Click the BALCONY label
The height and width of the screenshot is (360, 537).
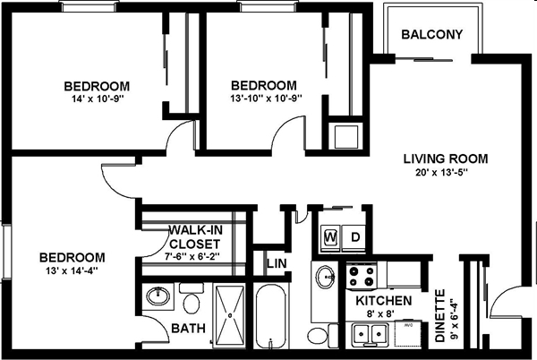[431, 36]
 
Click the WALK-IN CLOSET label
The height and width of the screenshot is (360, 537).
[194, 236]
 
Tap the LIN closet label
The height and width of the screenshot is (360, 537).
[276, 265]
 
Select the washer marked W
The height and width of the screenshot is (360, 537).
[330, 237]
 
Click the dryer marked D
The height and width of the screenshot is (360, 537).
[354, 237]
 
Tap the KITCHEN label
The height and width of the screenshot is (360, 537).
[383, 301]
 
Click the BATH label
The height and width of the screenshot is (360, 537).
[188, 329]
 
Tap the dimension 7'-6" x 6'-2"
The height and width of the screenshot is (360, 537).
[193, 255]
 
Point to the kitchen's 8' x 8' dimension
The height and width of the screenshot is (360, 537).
[383, 315]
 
